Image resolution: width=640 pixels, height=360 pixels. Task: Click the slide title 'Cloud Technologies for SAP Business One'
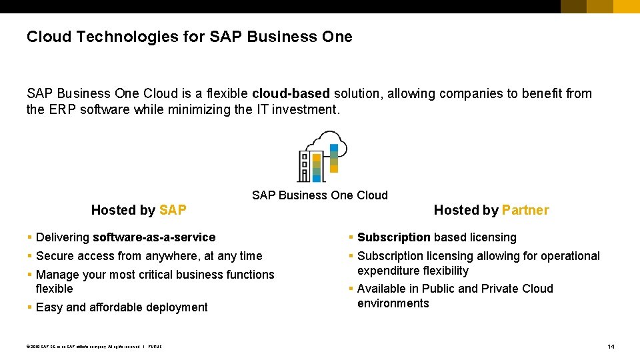click(189, 37)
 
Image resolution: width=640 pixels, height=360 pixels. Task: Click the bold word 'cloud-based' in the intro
click(291, 93)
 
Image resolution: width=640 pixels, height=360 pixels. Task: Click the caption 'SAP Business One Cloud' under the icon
click(319, 195)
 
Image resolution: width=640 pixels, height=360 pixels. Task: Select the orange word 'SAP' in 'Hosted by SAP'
click(173, 210)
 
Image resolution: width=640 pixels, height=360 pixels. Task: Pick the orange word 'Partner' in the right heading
click(525, 210)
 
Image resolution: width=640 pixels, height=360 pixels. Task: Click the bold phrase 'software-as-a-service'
click(154, 237)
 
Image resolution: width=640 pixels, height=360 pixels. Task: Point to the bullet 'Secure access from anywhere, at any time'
click(149, 256)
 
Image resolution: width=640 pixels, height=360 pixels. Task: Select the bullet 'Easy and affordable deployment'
click(121, 307)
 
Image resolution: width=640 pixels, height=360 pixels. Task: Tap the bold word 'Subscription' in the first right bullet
click(393, 237)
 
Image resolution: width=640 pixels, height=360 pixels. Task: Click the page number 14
click(611, 347)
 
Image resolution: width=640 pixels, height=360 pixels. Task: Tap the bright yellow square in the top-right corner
click(627, 7)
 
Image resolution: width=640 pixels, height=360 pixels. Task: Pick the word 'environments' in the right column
click(393, 303)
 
